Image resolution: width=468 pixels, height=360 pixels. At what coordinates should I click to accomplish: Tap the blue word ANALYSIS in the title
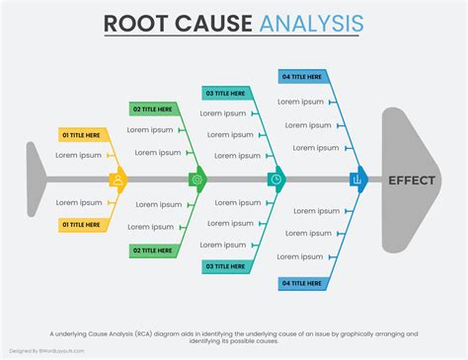coord(311,24)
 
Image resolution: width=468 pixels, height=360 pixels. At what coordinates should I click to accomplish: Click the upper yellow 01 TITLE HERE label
coord(82,134)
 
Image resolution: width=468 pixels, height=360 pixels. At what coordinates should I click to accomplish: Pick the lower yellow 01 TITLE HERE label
coord(82,225)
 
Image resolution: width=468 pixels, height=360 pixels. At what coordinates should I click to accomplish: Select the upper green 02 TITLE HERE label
coord(153,108)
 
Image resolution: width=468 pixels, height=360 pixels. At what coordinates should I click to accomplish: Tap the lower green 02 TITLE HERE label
coord(153,251)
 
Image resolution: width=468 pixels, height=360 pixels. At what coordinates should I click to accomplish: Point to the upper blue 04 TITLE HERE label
coord(302,76)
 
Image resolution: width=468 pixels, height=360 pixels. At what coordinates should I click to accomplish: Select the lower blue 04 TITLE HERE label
coord(302,283)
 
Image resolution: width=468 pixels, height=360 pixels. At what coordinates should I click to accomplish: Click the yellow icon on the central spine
coord(118,180)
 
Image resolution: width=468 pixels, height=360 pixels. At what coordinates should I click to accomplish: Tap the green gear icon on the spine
coord(197,180)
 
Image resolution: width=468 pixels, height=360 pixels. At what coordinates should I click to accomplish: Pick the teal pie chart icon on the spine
coord(276,180)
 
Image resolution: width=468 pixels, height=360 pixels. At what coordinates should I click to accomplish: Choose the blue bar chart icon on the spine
coord(356,180)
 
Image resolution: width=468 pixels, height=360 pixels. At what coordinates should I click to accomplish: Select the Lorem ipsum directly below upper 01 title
coord(78,155)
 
